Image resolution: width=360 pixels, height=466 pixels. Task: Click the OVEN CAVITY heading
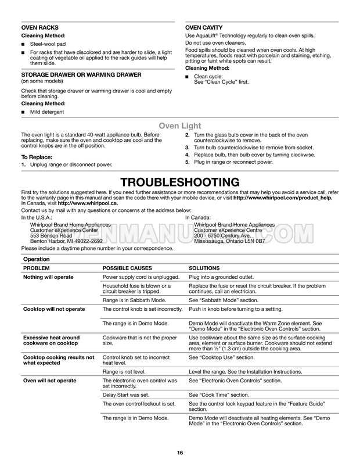coord(204,28)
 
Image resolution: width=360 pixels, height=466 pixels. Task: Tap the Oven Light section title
coord(180,126)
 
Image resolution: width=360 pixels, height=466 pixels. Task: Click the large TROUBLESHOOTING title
coord(179,182)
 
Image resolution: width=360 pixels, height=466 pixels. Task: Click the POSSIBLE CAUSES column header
coord(127,268)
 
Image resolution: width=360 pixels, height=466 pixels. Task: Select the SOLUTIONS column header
coord(204,268)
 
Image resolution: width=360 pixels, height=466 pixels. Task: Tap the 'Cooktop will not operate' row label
coord(53,309)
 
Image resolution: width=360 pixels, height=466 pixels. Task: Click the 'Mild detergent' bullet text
coord(48,112)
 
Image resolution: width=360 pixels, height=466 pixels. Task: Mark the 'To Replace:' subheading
coord(37,157)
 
